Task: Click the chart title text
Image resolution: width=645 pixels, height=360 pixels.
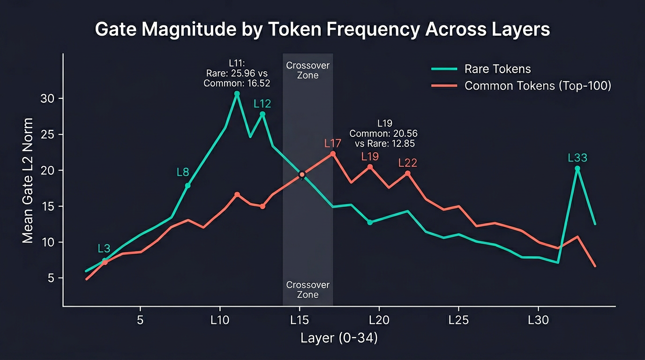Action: click(x=322, y=30)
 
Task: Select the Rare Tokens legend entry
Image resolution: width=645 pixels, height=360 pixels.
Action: click(x=497, y=69)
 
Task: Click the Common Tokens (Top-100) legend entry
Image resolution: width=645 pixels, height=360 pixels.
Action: click(x=537, y=86)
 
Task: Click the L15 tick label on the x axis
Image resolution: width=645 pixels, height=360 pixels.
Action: click(x=299, y=321)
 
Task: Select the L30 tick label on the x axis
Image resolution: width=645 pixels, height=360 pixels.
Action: click(x=538, y=321)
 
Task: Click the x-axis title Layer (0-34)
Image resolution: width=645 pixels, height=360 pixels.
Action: click(x=339, y=338)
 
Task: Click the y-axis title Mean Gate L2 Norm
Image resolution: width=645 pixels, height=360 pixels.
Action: click(x=28, y=180)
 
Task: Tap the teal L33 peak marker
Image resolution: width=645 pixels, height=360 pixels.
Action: click(x=577, y=168)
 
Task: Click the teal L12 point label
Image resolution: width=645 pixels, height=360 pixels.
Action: click(x=262, y=104)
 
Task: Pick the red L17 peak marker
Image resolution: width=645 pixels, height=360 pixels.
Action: click(x=333, y=154)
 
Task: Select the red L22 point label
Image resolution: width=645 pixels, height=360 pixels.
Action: click(x=407, y=163)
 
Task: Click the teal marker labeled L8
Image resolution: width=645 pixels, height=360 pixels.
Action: click(x=188, y=186)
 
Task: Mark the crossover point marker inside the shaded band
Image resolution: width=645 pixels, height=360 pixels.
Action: click(x=302, y=174)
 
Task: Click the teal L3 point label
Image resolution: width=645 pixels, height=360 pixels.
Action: click(x=105, y=248)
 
